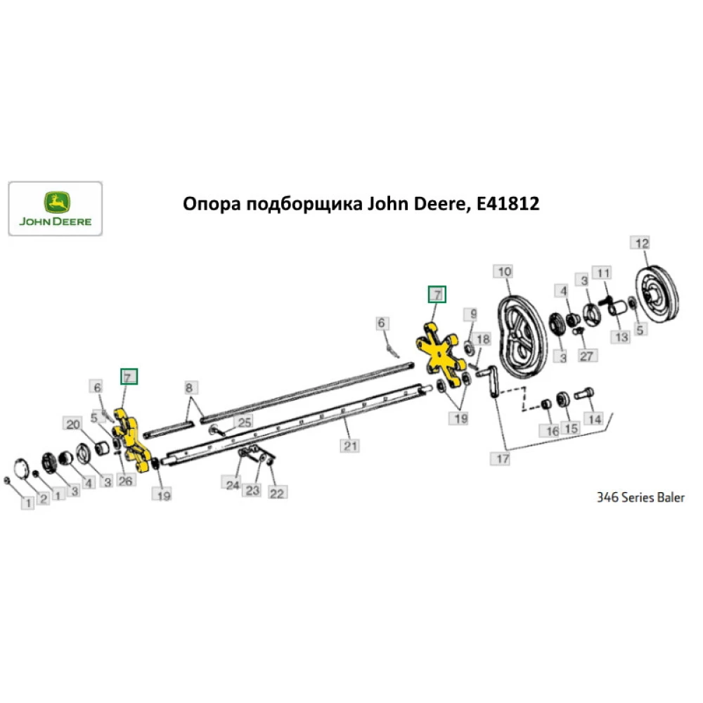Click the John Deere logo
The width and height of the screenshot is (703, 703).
pyautogui.click(x=55, y=208)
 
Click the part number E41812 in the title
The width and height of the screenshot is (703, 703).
pyautogui.click(x=508, y=205)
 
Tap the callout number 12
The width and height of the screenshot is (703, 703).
pyautogui.click(x=641, y=244)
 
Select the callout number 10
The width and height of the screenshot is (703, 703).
pyautogui.click(x=505, y=271)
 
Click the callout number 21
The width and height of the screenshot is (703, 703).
pyautogui.click(x=350, y=445)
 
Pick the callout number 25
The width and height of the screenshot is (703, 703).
pyautogui.click(x=244, y=423)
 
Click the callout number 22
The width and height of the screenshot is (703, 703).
pyautogui.click(x=276, y=494)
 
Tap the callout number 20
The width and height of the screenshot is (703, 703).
pyautogui.click(x=72, y=424)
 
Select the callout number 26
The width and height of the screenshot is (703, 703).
pyautogui.click(x=125, y=481)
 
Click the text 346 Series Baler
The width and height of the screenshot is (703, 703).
pyautogui.click(x=640, y=498)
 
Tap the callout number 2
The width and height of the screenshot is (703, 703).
pyautogui.click(x=43, y=498)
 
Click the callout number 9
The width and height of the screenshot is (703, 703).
pyautogui.click(x=474, y=314)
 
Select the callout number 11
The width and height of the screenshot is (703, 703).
pyautogui.click(x=603, y=272)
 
